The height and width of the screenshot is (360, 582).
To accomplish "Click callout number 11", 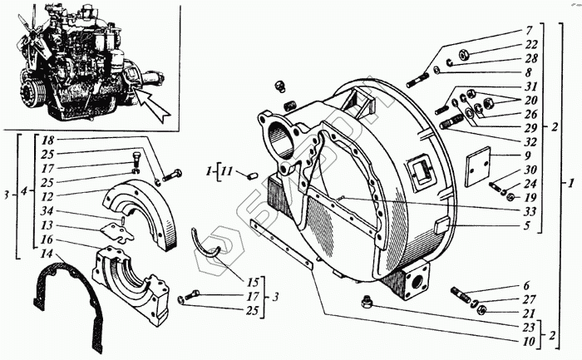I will pyautogui.click(x=226, y=174).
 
